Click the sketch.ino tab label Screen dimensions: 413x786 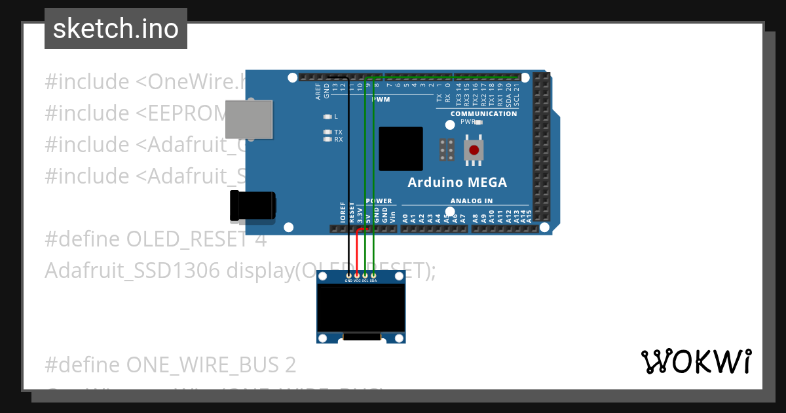116,29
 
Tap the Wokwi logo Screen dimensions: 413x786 696,361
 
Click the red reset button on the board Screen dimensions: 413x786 474,149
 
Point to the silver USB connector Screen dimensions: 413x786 249,119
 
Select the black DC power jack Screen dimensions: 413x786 253,205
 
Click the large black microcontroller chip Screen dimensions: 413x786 401,149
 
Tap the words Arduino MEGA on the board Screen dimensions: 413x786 457,182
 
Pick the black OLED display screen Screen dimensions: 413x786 361,308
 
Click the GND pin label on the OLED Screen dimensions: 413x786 348,281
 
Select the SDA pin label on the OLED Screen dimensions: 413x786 373,281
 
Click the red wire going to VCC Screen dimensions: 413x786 357,252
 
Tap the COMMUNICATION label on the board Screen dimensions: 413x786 483,113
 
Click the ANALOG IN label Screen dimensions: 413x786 472,201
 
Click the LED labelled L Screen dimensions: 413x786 327,117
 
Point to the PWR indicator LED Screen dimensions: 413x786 479,122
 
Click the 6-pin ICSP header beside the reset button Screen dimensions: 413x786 447,149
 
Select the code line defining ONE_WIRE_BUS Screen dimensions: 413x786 170,364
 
